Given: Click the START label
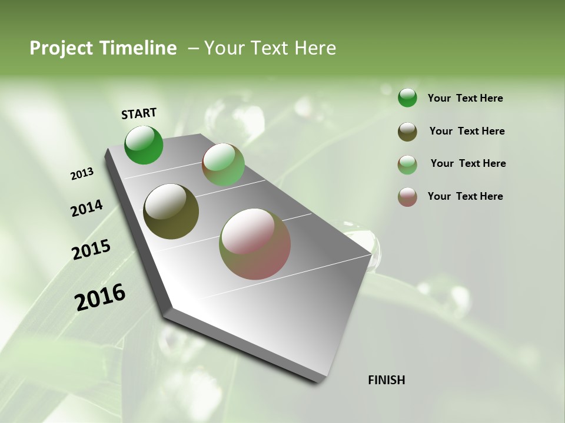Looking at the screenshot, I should pyautogui.click(x=139, y=113).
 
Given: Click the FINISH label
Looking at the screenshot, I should pyautogui.click(x=386, y=380).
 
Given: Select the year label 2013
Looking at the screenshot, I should pyautogui.click(x=82, y=174).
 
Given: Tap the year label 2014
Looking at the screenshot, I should pyautogui.click(x=87, y=208).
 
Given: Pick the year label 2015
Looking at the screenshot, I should pyautogui.click(x=91, y=250).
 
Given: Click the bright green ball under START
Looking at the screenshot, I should pyautogui.click(x=144, y=145).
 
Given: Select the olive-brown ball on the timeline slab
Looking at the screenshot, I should pyautogui.click(x=171, y=211).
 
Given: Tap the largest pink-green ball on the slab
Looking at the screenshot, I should pyautogui.click(x=255, y=244).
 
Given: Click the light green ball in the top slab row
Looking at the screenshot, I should pyautogui.click(x=223, y=164).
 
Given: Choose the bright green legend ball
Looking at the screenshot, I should pyautogui.click(x=407, y=98).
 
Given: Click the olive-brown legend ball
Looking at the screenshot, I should pyautogui.click(x=407, y=132).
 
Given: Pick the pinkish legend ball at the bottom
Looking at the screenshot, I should pyautogui.click(x=407, y=197).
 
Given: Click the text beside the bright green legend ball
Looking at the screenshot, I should pyautogui.click(x=465, y=99).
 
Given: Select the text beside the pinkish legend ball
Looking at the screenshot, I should pyautogui.click(x=465, y=196).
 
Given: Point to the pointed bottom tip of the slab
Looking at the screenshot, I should pyautogui.click(x=321, y=381).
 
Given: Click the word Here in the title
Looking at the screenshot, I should pyautogui.click(x=315, y=48).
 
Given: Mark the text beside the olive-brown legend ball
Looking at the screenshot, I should pyautogui.click(x=467, y=131).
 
